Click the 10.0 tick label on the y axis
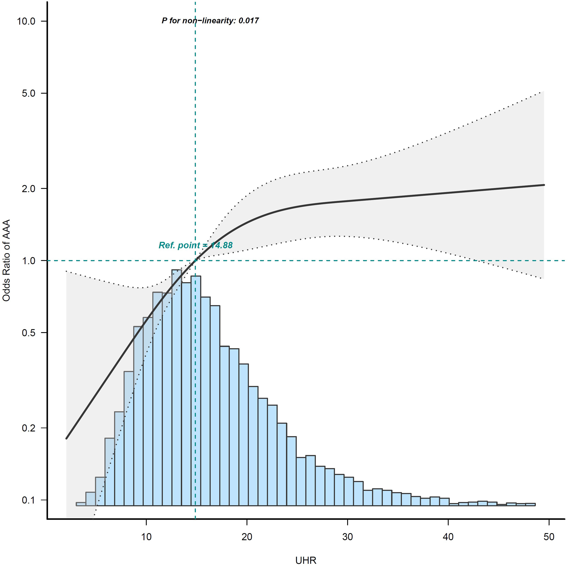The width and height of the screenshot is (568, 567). (26, 21)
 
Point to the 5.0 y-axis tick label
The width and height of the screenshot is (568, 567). (29, 93)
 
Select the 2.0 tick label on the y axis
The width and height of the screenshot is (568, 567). (29, 188)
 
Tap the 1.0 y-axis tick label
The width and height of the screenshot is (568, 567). (29, 261)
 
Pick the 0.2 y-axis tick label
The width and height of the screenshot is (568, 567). (29, 428)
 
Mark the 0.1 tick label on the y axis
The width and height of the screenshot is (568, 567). (29, 500)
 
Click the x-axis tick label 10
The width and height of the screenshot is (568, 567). (146, 537)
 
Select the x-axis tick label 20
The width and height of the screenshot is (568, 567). (247, 537)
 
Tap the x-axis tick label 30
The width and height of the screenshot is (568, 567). (347, 537)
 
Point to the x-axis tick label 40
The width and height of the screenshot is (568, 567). (448, 537)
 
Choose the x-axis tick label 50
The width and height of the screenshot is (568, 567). (549, 537)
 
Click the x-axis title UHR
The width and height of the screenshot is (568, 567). (306, 561)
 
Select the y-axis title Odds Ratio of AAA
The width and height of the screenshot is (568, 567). (6, 261)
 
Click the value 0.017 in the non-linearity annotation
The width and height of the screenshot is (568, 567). (248, 21)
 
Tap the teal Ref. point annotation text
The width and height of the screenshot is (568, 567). (196, 245)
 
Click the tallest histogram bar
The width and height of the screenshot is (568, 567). (177, 382)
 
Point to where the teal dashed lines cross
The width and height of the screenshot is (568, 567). (195, 261)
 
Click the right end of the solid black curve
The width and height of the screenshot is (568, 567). (544, 185)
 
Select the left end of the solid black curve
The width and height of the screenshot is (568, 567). (67, 438)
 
